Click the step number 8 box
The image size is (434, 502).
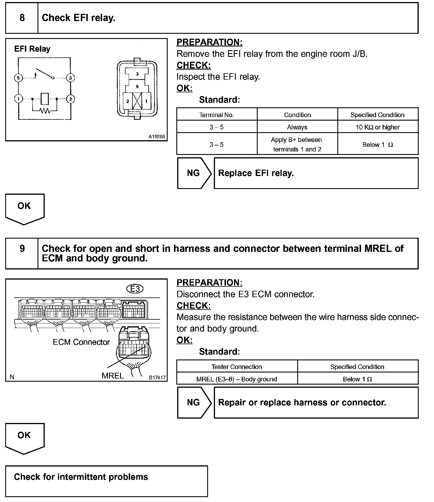[22, 18]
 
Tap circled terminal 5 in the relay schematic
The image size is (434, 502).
[18, 78]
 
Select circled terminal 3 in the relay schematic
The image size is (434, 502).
[70, 78]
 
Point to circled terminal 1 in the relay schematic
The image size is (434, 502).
[18, 99]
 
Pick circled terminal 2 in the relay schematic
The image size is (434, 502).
[70, 99]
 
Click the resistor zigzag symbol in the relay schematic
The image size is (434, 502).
[45, 110]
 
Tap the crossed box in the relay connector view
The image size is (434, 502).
[137, 101]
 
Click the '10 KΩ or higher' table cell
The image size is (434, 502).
[378, 127]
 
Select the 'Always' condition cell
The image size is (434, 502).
[297, 127]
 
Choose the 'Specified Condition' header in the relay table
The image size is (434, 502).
[377, 115]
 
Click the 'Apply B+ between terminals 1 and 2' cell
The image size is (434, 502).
[297, 144]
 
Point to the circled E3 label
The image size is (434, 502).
[135, 289]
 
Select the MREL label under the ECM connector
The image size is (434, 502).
[113, 376]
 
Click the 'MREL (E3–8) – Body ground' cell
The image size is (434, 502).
[237, 379]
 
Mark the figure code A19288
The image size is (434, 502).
[157, 136]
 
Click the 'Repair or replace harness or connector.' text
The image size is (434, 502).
[302, 402]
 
